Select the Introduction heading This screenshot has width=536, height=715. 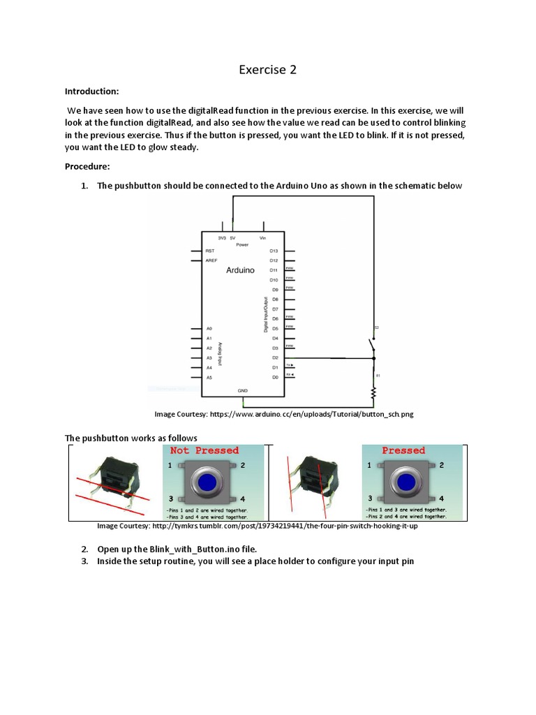tap(92, 91)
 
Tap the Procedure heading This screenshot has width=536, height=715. tap(87, 166)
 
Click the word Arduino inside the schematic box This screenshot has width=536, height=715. tap(240, 270)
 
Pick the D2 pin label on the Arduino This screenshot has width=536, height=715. tap(276, 357)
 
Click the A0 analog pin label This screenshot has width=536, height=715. tap(209, 328)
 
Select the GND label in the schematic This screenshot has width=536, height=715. tap(243, 391)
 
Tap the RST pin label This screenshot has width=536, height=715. tap(209, 250)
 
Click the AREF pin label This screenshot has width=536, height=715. tap(211, 260)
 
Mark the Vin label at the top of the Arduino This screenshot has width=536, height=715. tap(262, 237)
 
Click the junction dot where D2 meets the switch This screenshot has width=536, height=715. tap(373, 358)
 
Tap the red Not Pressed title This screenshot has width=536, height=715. tap(204, 451)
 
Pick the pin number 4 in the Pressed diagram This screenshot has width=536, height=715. tap(440, 499)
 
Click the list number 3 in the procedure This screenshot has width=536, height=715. tap(84, 561)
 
